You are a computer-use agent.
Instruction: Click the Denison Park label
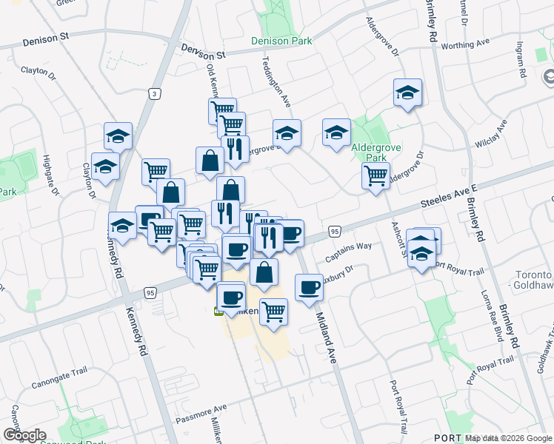[281, 42]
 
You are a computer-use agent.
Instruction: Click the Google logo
[24, 435]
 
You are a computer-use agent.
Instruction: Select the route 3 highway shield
[153, 94]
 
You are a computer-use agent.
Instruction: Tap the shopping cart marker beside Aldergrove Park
[376, 175]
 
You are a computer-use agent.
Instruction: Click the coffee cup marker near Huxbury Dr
[308, 287]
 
